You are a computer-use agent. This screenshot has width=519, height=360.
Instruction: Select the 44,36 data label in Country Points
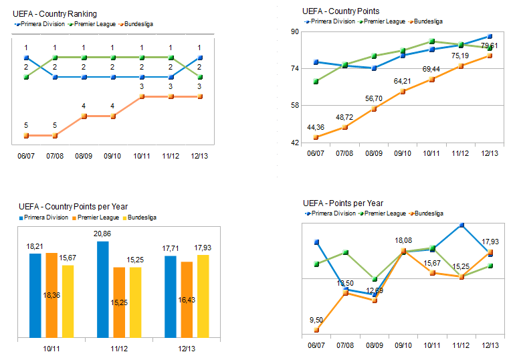(x=316, y=127)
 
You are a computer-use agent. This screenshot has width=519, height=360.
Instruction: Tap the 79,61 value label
(x=489, y=46)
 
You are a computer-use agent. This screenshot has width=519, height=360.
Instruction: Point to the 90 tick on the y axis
(x=294, y=31)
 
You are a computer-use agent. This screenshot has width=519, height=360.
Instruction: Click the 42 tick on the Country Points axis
(x=294, y=143)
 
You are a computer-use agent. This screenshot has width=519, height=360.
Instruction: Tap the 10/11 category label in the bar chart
(x=51, y=349)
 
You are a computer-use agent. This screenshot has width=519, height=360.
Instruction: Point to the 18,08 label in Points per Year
(x=404, y=240)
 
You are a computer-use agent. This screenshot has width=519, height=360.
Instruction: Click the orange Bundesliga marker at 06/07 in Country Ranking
(x=26, y=135)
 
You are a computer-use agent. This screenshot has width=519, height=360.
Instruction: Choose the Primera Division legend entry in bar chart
(x=45, y=217)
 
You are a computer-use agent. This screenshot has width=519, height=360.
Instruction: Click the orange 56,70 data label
(x=373, y=98)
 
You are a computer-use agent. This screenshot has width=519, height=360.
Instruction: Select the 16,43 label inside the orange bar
(x=187, y=300)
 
